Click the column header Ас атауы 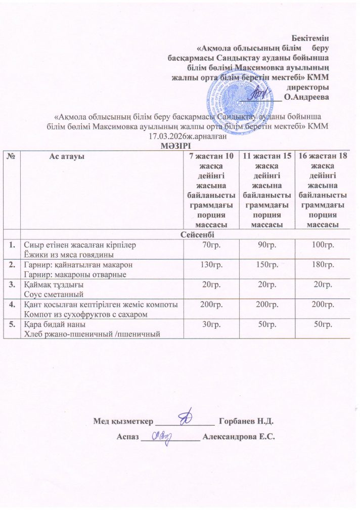point(66,157)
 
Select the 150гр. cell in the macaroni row point(266,266)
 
